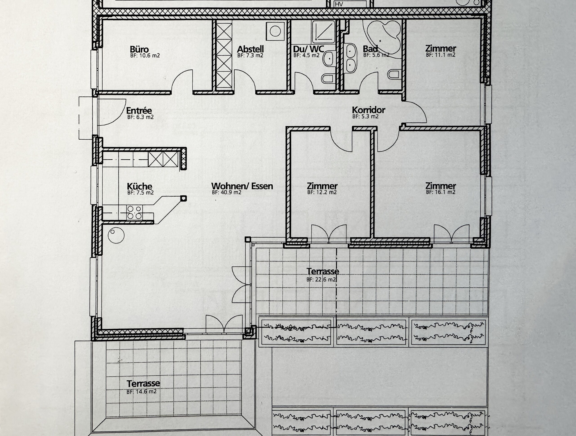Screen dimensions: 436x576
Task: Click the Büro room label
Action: [x=139, y=50]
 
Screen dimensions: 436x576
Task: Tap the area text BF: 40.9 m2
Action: [x=226, y=193]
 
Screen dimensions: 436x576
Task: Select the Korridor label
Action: [x=368, y=110]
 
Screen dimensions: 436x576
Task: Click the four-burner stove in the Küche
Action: [x=134, y=212]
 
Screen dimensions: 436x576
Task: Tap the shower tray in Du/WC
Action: [x=323, y=32]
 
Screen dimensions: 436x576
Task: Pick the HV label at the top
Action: [x=339, y=5]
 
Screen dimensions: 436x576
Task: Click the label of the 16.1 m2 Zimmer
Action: [x=440, y=186]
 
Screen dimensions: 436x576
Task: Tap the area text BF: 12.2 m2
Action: [x=322, y=193]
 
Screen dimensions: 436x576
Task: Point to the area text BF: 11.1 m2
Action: [x=440, y=55]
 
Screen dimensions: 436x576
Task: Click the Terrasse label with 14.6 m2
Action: [x=143, y=384]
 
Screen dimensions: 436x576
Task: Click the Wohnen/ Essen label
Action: [x=242, y=186]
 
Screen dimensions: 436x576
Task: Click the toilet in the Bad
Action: [x=393, y=75]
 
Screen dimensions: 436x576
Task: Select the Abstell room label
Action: [x=250, y=49]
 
